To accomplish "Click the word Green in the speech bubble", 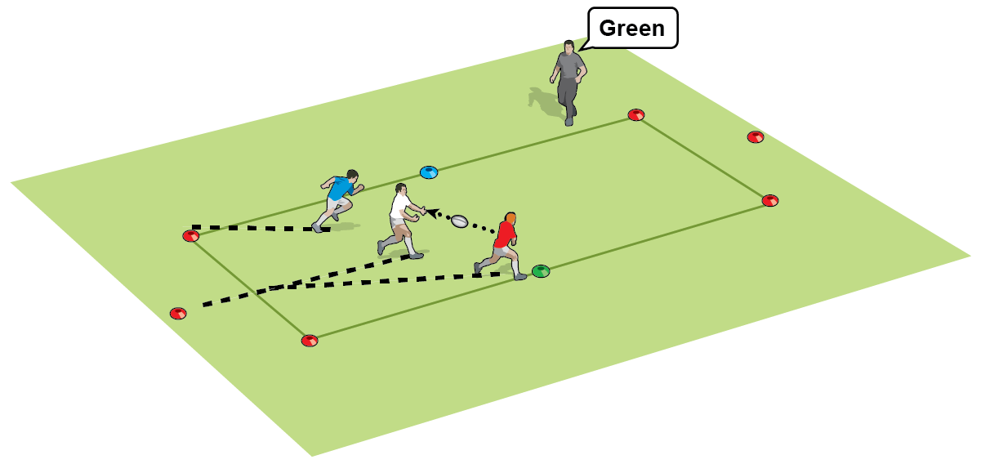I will pos(631,29).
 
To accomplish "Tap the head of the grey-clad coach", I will pos(569,47).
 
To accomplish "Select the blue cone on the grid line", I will pos(429,172).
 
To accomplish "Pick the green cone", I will pos(541,270).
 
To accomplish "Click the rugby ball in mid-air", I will pos(459,221).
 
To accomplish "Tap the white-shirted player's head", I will pos(400,192).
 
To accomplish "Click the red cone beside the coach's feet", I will pos(635,114).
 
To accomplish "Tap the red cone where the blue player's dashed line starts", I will pos(190,236).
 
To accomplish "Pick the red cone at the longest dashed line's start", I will pos(178,314).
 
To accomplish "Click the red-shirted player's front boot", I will pos(520,277).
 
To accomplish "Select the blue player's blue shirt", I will pos(337,189).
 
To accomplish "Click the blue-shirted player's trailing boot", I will pos(318,227).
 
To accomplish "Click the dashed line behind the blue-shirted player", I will pos(253,228).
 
